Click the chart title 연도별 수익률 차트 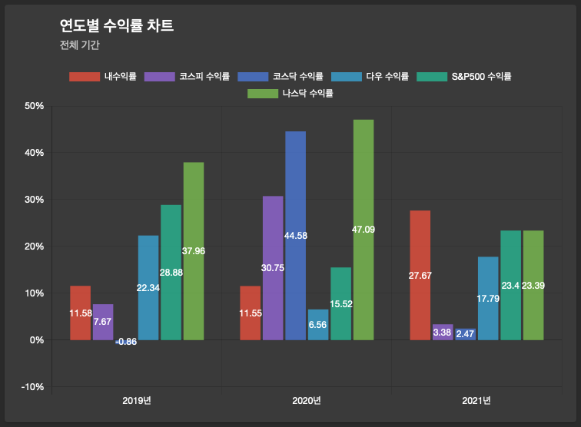[x=116, y=25]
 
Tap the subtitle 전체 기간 [x=79, y=45]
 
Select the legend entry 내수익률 [x=103, y=76]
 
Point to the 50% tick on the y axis [x=35, y=106]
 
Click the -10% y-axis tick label [x=32, y=386]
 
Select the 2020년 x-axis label [x=307, y=401]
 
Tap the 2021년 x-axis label [x=476, y=401]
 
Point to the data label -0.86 [x=126, y=342]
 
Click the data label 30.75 [x=273, y=268]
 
